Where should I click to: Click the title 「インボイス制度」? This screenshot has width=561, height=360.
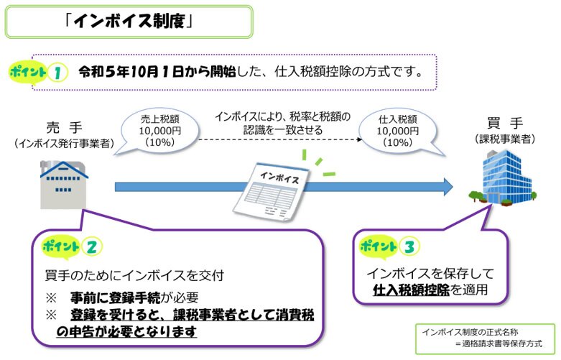pos(130,22)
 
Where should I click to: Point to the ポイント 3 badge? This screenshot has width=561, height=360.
pos(388,246)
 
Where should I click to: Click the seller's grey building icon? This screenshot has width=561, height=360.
pos(64,183)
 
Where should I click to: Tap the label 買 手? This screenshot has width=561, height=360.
pos(503,124)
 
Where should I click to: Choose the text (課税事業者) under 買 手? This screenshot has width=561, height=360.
pos(504,139)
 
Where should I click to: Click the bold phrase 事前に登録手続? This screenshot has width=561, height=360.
pos(114,297)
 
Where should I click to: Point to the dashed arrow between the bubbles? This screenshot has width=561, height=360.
pos(280,137)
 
